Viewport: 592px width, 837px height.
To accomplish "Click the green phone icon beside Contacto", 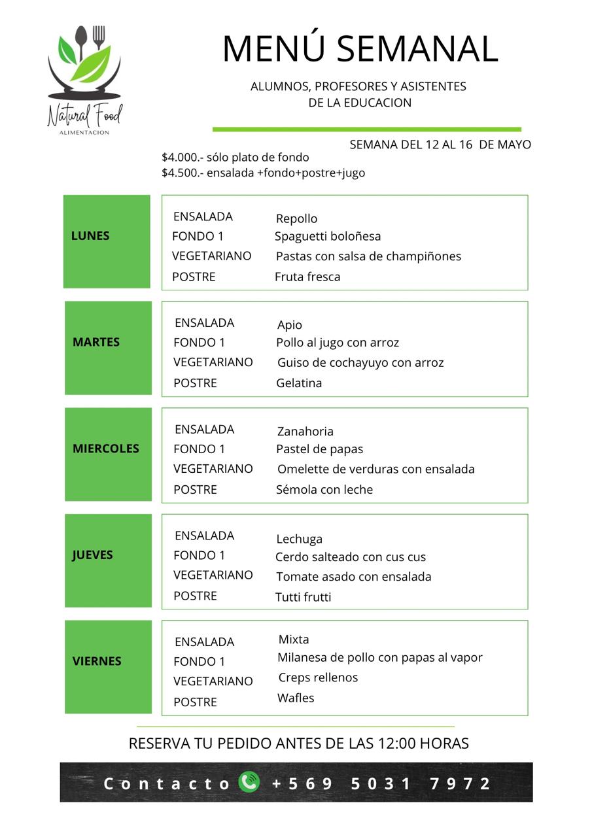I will pyautogui.click(x=249, y=782).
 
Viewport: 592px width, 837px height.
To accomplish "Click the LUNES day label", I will pyautogui.click(x=90, y=236).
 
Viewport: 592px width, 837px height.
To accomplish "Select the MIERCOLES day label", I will pyautogui.click(x=106, y=449).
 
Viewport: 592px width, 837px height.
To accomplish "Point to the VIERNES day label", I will pyautogui.click(x=97, y=661).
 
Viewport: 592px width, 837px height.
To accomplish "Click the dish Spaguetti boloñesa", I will pyautogui.click(x=328, y=236).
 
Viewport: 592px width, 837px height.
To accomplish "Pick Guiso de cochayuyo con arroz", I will pyautogui.click(x=360, y=362).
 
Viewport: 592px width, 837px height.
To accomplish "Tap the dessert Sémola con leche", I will pyautogui.click(x=324, y=489).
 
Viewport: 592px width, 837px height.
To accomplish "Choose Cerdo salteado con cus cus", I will pyautogui.click(x=351, y=557).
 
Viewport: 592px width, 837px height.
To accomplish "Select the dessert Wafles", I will pyautogui.click(x=296, y=698).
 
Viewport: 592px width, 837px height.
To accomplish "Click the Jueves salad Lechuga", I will pyautogui.click(x=299, y=539).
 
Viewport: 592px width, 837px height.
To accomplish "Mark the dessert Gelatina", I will pyautogui.click(x=299, y=383).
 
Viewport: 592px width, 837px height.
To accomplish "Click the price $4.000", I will pyautogui.click(x=183, y=158).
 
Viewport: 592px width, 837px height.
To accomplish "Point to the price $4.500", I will pyautogui.click(x=183, y=173).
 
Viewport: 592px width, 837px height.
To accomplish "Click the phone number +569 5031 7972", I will pyautogui.click(x=381, y=783).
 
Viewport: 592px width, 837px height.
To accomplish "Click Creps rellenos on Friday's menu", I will pyautogui.click(x=318, y=677).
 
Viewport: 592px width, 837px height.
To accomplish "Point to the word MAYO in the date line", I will pyautogui.click(x=514, y=145).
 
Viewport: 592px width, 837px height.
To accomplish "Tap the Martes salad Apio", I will pyautogui.click(x=290, y=325).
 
